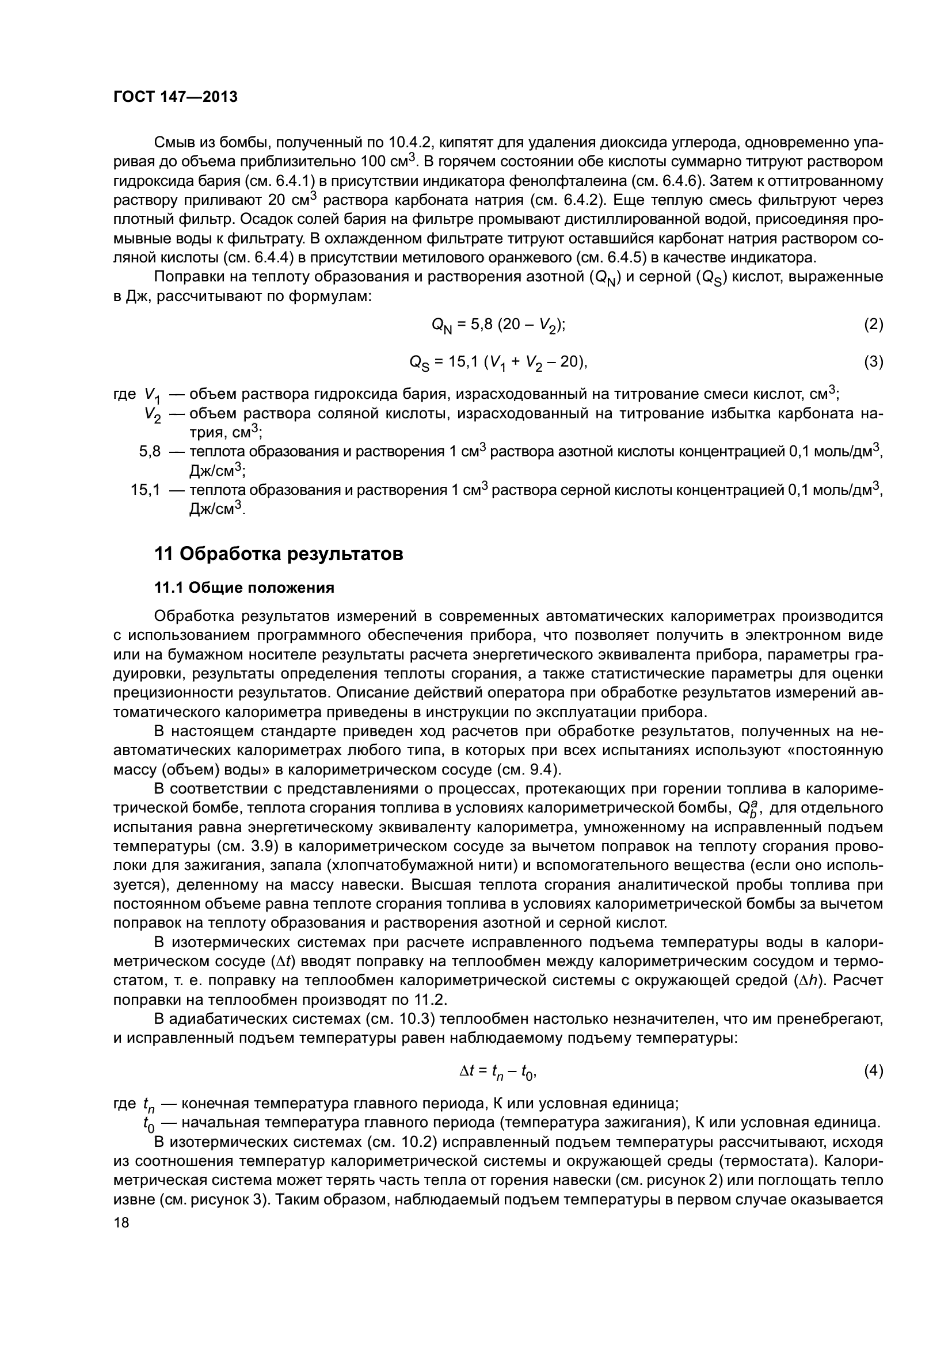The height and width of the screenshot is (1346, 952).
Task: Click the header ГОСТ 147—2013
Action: [176, 97]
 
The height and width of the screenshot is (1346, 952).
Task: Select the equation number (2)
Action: [873, 324]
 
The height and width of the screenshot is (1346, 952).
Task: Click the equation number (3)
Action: [873, 362]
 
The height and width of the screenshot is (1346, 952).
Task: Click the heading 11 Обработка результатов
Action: [279, 554]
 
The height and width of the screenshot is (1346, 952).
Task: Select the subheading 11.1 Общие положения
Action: [244, 588]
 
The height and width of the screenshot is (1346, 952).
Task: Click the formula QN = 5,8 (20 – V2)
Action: [498, 325]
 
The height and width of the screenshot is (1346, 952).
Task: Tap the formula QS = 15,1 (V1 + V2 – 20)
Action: [498, 363]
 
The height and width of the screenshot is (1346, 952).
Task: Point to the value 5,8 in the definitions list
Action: [150, 451]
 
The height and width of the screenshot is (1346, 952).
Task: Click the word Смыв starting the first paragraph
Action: [174, 143]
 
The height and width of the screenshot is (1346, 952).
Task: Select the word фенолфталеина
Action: [587, 181]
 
